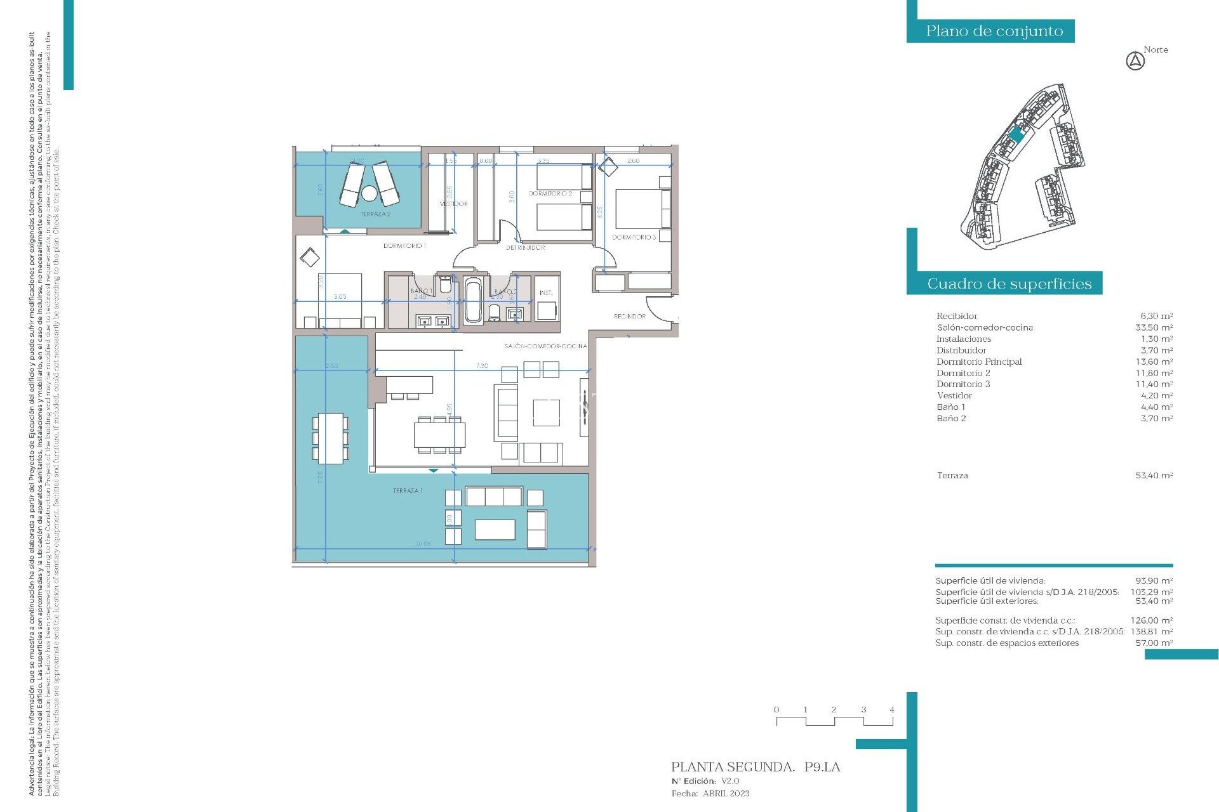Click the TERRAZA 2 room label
click(375, 214)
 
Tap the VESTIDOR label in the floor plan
click(453, 204)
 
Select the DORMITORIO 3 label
click(634, 237)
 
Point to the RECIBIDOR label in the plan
click(629, 316)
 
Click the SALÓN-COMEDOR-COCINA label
click(545, 346)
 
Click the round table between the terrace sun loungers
click(370, 192)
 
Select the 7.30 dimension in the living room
click(482, 366)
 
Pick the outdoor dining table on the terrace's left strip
click(330, 438)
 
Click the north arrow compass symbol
click(1135, 62)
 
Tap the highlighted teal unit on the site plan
click(1016, 134)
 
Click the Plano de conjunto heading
click(994, 31)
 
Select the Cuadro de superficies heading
click(1009, 284)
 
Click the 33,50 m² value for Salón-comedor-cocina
click(1154, 327)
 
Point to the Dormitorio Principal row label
click(978, 362)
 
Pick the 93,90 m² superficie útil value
click(1154, 580)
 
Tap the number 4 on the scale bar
click(891, 710)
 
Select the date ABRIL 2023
click(726, 794)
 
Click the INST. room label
click(546, 293)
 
